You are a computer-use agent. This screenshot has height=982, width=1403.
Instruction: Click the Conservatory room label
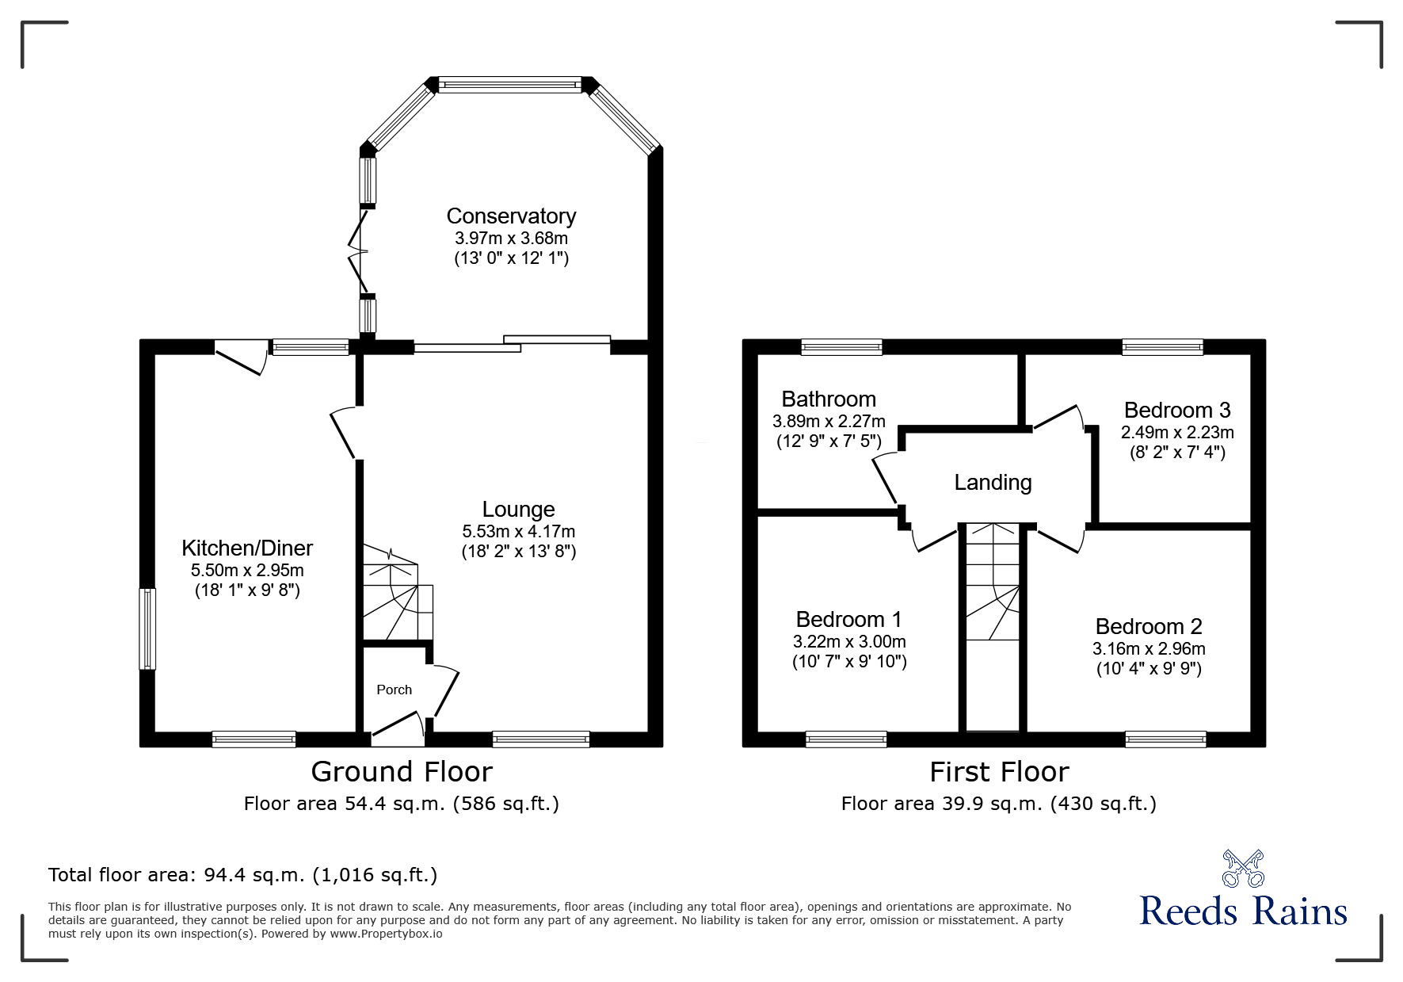coord(511,216)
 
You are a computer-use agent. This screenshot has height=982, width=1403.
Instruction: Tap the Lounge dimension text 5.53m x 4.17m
coord(519,531)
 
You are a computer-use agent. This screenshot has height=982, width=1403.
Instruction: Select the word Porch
coord(395,690)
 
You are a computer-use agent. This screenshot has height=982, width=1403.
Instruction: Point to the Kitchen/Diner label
coord(247,548)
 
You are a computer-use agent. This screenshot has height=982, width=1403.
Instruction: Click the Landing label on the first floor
coord(993,483)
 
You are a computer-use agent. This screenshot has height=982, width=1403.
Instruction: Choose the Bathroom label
coord(829,399)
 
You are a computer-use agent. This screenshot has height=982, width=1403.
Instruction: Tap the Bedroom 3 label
coord(1177,410)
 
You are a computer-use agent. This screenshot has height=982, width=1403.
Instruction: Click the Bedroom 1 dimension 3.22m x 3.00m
coord(849,641)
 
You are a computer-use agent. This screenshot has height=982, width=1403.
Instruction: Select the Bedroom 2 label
coord(1149,626)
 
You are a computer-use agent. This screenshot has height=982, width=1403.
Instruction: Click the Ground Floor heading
coord(402,771)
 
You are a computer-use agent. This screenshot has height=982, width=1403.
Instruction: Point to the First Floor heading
coord(999,771)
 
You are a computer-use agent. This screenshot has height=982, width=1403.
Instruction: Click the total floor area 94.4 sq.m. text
coord(242,875)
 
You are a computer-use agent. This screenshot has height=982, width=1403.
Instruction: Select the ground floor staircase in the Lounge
coord(398,592)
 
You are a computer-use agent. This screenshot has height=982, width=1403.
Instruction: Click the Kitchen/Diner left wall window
coord(147,629)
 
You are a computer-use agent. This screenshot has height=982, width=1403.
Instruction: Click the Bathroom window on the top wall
coord(841,346)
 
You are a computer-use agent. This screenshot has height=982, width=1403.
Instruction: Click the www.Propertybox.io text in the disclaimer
coord(387,934)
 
